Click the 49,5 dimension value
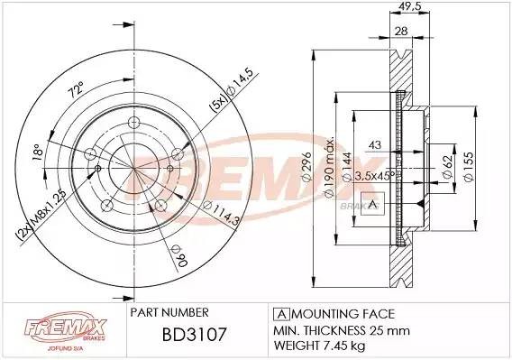[x=411, y=7]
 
